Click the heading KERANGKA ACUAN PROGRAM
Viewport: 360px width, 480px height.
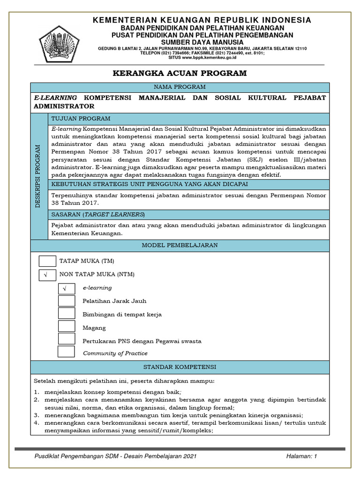pyautogui.click(x=180, y=74)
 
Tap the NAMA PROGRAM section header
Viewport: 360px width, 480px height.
pyautogui.click(x=180, y=87)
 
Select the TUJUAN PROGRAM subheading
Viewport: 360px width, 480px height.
pyautogui.click(x=81, y=119)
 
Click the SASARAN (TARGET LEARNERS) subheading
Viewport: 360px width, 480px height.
pyautogui.click(x=98, y=214)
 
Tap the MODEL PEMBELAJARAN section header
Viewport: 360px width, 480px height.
pyautogui.click(x=180, y=245)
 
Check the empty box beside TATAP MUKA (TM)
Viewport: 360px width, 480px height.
pyautogui.click(x=47, y=261)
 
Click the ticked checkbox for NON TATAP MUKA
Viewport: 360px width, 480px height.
pyautogui.click(x=47, y=275)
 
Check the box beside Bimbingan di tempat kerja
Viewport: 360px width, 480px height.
pyautogui.click(x=67, y=314)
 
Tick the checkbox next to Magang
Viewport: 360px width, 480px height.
pyautogui.click(x=67, y=327)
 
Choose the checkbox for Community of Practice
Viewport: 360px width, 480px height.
pyautogui.click(x=66, y=352)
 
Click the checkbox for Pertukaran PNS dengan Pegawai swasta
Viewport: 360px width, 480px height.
pyautogui.click(x=67, y=339)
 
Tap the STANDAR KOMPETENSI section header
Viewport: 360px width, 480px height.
pyautogui.click(x=180, y=367)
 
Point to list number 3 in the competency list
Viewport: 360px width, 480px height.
pyautogui.click(x=36, y=415)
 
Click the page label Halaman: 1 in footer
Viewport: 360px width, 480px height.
pyautogui.click(x=301, y=456)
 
